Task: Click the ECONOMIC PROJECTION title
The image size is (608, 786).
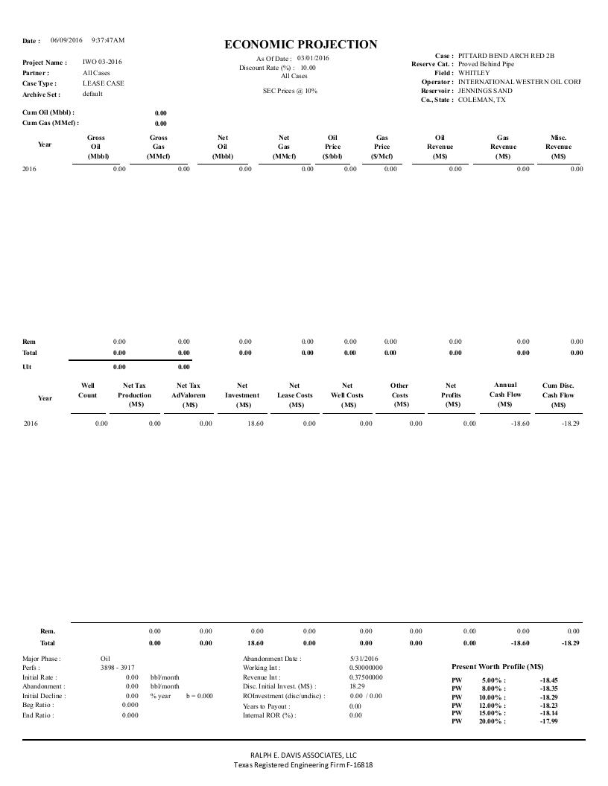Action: tap(300, 45)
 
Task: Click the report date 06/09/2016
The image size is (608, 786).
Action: tap(66, 39)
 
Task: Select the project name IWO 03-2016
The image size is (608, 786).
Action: tap(102, 62)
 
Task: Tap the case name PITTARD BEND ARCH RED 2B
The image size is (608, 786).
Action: tap(506, 56)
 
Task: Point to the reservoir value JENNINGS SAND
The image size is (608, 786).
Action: tap(485, 91)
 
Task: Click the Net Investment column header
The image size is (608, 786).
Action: tap(242, 395)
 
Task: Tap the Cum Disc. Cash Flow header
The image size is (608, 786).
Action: tap(558, 395)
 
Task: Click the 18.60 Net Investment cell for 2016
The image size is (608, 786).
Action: tap(254, 424)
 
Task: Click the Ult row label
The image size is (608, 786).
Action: tap(28, 367)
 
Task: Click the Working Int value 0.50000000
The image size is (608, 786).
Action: tap(366, 668)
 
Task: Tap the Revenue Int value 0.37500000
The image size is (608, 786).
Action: tap(366, 677)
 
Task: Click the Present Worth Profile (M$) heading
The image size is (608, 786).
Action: tap(498, 666)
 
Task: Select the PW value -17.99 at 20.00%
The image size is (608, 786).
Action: tap(548, 720)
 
